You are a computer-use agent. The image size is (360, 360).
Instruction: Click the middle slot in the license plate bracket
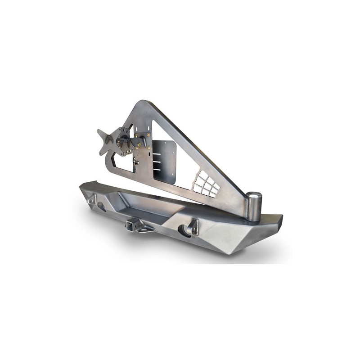(x=158, y=159)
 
